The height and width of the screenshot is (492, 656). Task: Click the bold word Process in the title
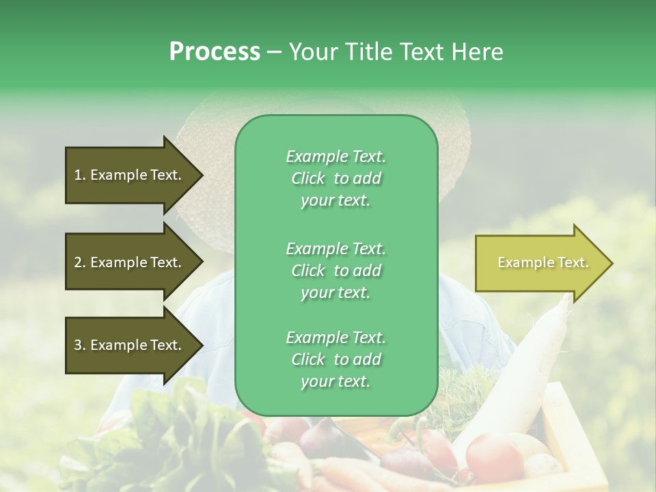(x=215, y=52)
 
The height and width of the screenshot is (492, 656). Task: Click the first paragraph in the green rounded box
(x=336, y=178)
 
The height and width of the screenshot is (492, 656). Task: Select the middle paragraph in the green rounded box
(x=336, y=270)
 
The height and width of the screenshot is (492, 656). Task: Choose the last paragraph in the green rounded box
(x=336, y=359)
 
